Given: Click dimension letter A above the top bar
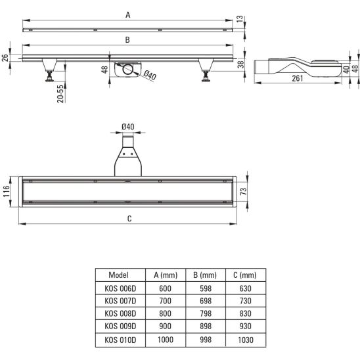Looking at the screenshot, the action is pos(128,15).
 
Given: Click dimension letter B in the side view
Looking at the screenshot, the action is pos(127,40).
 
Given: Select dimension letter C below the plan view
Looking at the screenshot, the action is pos(129,219).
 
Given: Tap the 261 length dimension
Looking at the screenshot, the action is pos(298,79).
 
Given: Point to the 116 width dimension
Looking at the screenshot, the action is pos(7,191).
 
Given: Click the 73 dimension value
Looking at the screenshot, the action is pos(243,191).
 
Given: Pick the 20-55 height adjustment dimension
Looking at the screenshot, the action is pos(60,94).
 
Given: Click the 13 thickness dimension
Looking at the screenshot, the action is pos(240,19).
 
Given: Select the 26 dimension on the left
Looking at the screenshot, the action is pos(5,58).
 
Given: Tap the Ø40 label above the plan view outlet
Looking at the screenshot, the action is pos(128,127).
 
